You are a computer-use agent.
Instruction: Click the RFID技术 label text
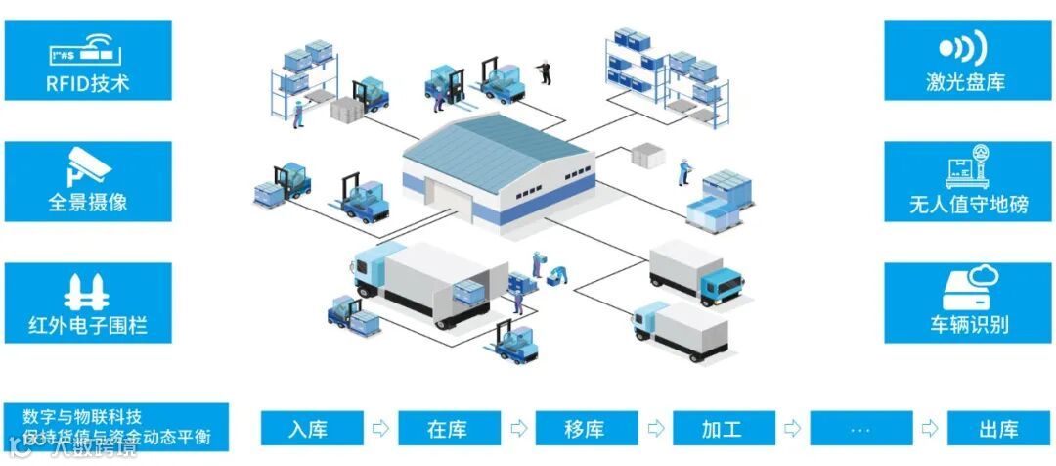(x=87, y=82)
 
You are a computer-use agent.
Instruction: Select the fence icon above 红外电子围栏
(x=86, y=291)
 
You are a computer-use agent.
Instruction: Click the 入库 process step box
(x=308, y=429)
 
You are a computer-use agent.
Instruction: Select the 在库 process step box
(x=446, y=429)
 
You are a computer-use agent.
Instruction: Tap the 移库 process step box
(x=584, y=429)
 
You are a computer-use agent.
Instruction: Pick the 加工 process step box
(x=722, y=429)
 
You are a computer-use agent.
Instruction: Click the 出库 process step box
(x=997, y=429)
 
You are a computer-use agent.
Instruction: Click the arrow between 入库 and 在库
(x=378, y=429)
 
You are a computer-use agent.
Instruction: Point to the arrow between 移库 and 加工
(x=653, y=429)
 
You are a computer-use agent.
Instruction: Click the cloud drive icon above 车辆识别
(x=968, y=287)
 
